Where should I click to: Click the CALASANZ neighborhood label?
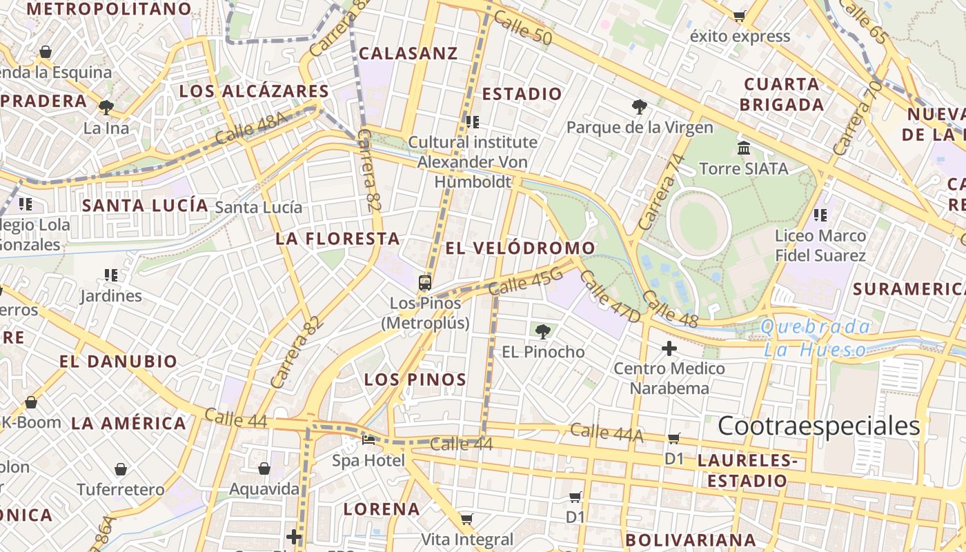click(x=408, y=53)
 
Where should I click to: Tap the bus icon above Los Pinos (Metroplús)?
click(x=425, y=282)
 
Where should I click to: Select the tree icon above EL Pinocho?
click(x=543, y=332)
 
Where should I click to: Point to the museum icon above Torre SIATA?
click(x=744, y=148)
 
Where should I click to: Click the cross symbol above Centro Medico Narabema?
click(x=669, y=348)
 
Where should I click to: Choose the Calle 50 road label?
click(x=523, y=30)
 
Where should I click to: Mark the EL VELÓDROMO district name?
click(x=520, y=248)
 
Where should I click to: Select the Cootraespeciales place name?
click(x=819, y=426)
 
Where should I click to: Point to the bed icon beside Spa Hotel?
click(x=368, y=440)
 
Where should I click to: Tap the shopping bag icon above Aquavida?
click(x=264, y=469)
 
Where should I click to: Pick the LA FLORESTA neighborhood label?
click(x=337, y=239)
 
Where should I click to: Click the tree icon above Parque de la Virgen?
click(x=640, y=107)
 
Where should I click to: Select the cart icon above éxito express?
click(x=740, y=16)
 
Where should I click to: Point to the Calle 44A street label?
click(x=607, y=433)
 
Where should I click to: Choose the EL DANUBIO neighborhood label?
click(x=118, y=361)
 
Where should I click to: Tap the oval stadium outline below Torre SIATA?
click(x=698, y=222)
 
